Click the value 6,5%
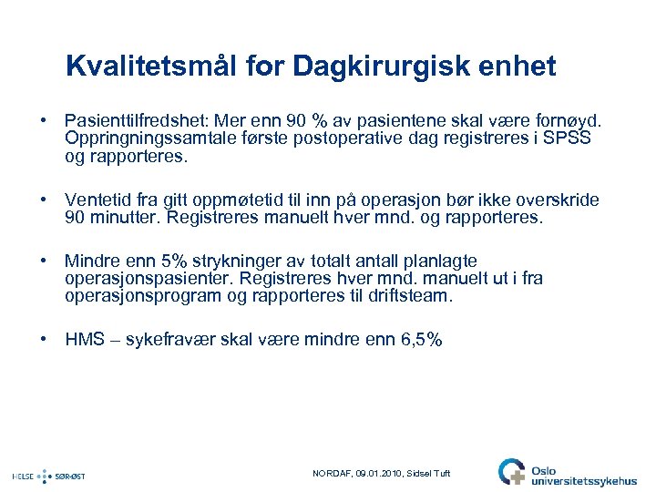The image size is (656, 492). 422,340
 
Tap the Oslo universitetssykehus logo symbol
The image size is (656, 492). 511,471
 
